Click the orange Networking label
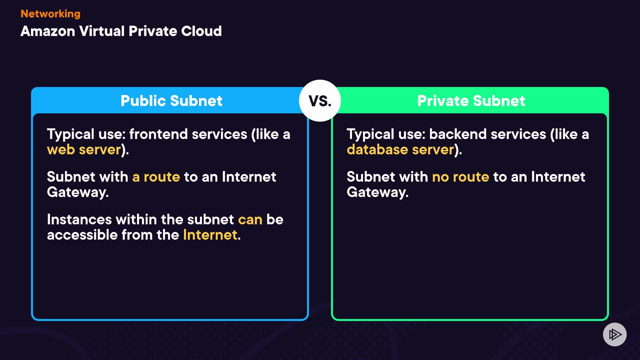pyautogui.click(x=50, y=14)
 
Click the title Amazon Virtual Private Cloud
pyautogui.click(x=121, y=31)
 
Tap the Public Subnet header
pyautogui.click(x=171, y=101)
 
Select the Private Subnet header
pyautogui.click(x=471, y=101)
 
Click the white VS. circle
pyautogui.click(x=320, y=101)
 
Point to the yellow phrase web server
pyautogui.click(x=84, y=150)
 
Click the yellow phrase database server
pyautogui.click(x=400, y=150)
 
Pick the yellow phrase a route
pyautogui.click(x=156, y=177)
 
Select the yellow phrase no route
pyautogui.click(x=460, y=177)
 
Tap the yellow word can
pyautogui.click(x=250, y=220)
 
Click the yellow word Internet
pyautogui.click(x=210, y=235)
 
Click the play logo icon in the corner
pyautogui.click(x=615, y=334)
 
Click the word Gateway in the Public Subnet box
pyautogui.click(x=77, y=192)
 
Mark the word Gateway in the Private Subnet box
pyautogui.click(x=377, y=192)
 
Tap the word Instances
pyautogui.click(x=79, y=220)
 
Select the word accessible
pyautogui.click(x=82, y=235)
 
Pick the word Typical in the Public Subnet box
pyautogui.click(x=71, y=134)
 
